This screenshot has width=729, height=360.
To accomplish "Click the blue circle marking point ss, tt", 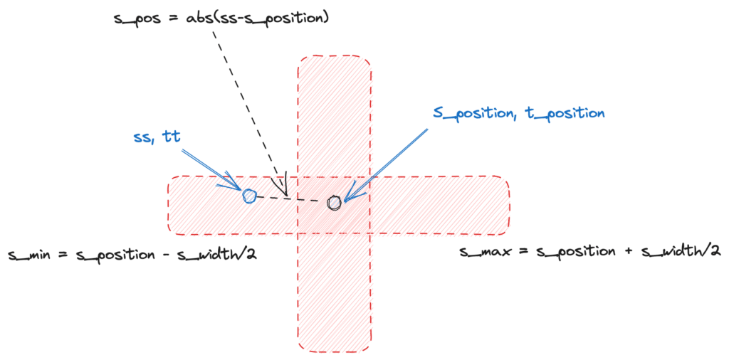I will [x=249, y=196].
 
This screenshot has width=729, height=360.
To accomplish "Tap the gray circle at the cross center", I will [x=335, y=203].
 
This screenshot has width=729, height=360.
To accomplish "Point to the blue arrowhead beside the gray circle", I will [x=352, y=194].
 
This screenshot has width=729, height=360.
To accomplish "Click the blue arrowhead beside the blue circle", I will [x=232, y=186].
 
